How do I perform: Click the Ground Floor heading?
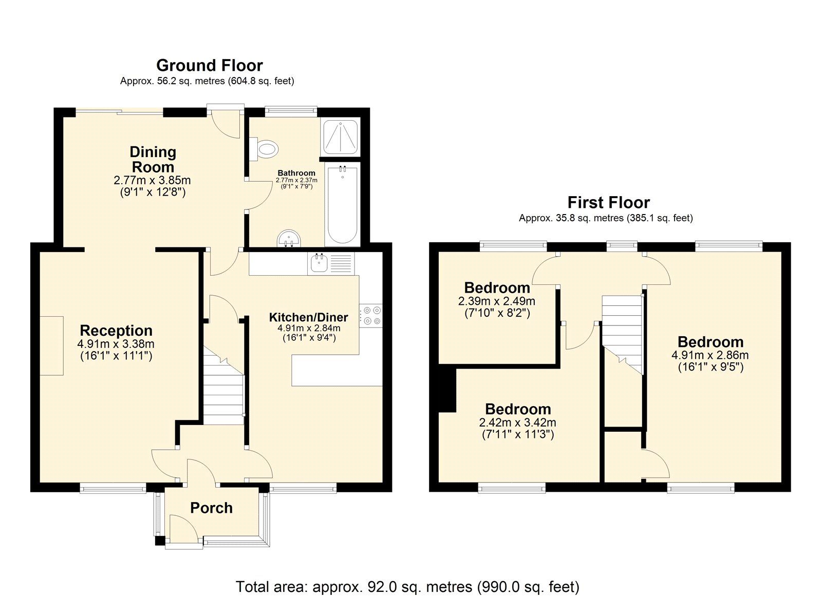[x=209, y=66]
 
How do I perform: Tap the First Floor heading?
[x=608, y=202]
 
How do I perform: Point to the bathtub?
[x=342, y=205]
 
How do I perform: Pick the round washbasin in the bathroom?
[x=289, y=239]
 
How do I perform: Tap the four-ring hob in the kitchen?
[x=371, y=316]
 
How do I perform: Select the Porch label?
[x=211, y=508]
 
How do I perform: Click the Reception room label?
[x=116, y=331]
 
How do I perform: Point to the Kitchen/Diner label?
[x=308, y=317]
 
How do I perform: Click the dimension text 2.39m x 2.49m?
[x=496, y=301]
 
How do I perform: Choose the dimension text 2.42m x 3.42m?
[x=517, y=423]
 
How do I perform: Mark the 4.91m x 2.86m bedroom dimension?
[x=710, y=355]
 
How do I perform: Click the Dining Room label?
[x=153, y=159]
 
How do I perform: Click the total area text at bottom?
[x=407, y=586]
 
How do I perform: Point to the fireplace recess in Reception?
[x=51, y=345]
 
